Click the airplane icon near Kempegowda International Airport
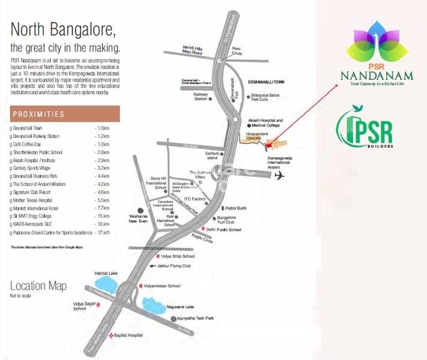[x=279, y=175]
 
